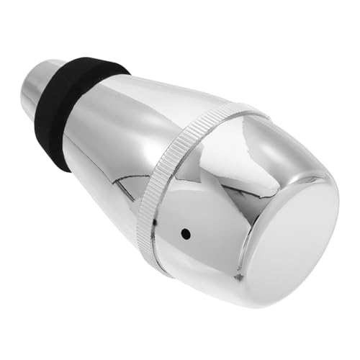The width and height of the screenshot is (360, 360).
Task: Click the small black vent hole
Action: tap(186, 234)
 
